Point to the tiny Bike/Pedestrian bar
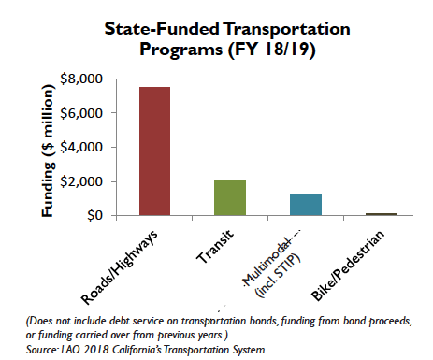tap(382, 214)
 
